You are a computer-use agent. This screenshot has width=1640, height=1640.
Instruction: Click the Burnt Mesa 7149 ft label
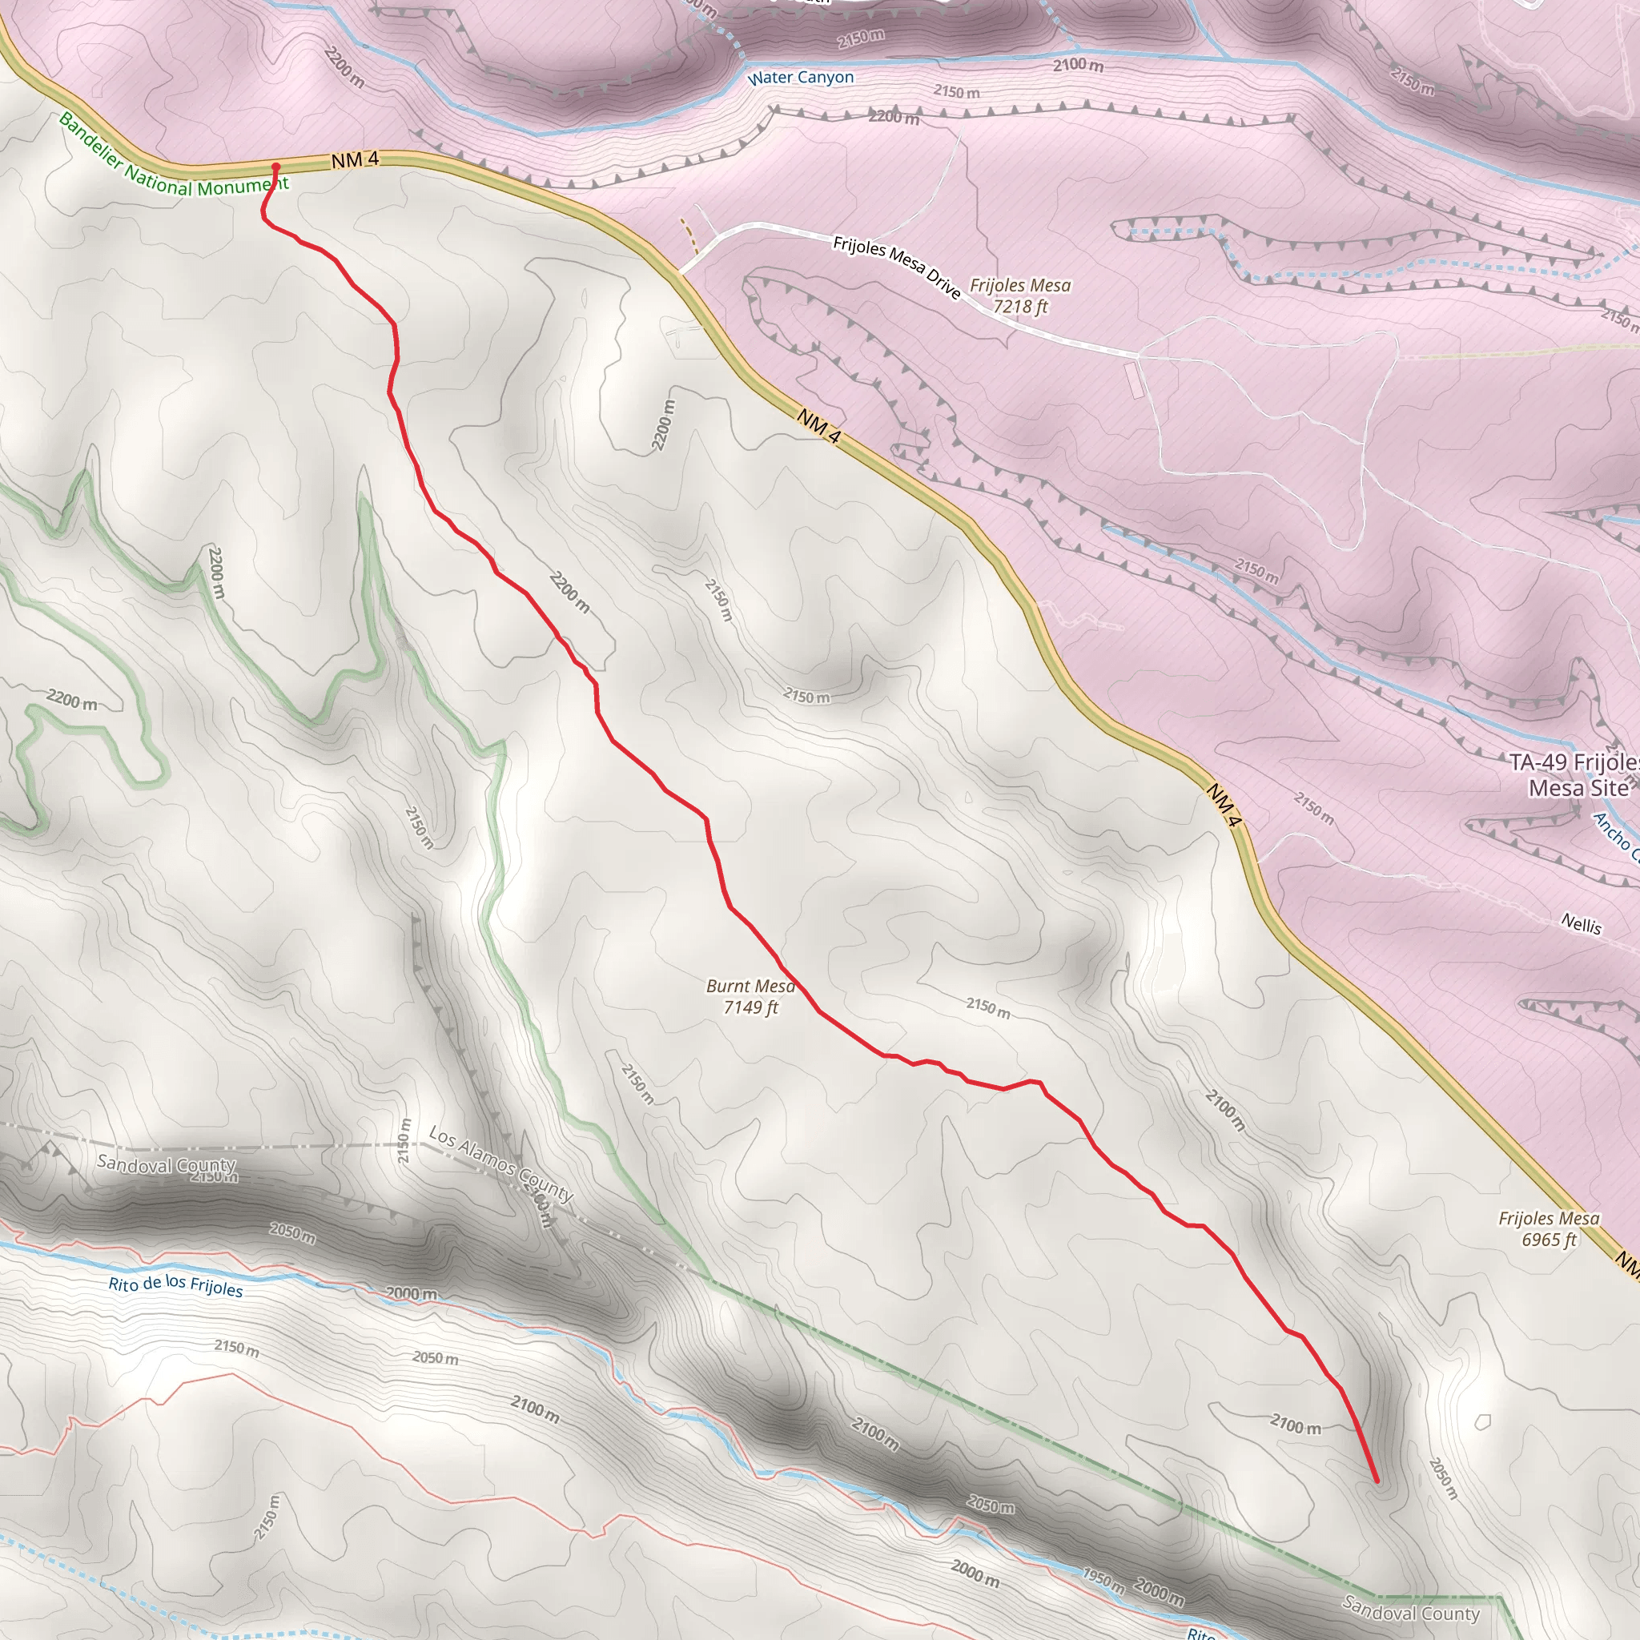(x=750, y=996)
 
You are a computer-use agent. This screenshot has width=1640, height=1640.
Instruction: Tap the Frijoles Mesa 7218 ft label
(x=1019, y=295)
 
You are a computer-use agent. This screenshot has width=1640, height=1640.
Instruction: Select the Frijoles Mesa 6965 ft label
(x=1549, y=1229)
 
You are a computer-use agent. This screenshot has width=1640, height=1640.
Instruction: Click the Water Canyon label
(x=801, y=77)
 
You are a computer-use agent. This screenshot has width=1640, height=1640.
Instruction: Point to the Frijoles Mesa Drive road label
(x=896, y=267)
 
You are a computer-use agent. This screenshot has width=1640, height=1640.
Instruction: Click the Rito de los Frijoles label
(x=175, y=1285)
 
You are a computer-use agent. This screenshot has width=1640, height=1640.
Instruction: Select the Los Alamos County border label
(x=500, y=1163)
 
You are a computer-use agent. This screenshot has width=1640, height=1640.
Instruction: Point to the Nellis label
(x=1581, y=923)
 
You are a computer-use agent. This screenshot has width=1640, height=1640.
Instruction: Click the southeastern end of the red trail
(x=1376, y=1481)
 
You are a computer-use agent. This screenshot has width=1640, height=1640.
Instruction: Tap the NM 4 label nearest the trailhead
(x=355, y=159)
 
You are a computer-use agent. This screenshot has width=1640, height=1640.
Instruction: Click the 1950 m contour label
(x=1103, y=1581)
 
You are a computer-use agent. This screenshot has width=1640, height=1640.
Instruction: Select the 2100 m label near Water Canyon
(x=1078, y=65)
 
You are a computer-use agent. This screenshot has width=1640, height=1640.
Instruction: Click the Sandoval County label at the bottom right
(x=1411, y=1610)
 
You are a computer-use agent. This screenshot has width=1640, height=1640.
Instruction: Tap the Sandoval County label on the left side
(x=166, y=1164)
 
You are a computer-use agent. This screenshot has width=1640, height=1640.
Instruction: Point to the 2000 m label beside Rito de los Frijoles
(x=412, y=1294)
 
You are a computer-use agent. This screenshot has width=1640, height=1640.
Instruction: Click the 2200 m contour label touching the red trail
(x=569, y=593)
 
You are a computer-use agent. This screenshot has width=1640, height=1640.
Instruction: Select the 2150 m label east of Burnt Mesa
(x=988, y=1007)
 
